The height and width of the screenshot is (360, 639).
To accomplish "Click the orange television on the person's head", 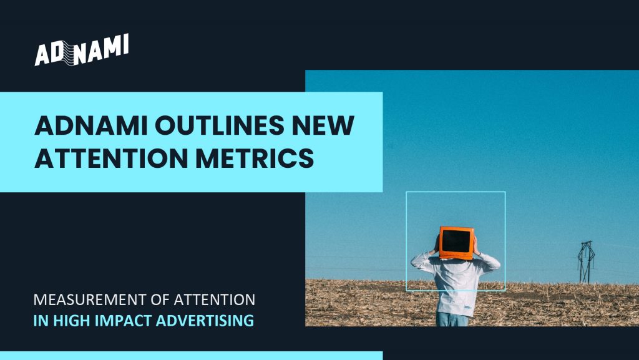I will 456,242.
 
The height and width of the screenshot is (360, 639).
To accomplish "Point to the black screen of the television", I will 456,241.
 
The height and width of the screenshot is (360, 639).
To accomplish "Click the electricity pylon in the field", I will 585,262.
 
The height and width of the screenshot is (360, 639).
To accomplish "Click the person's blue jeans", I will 452,319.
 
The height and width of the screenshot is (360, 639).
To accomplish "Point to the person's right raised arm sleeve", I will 487,261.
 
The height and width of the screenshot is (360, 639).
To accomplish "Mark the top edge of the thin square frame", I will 456,192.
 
